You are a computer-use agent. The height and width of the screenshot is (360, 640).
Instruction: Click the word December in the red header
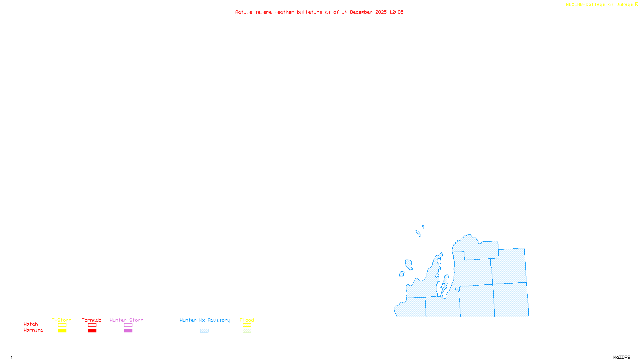pyautogui.click(x=361, y=12)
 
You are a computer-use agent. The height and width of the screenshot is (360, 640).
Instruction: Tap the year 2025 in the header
pyautogui.click(x=381, y=12)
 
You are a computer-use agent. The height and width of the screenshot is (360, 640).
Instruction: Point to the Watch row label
pyautogui.click(x=31, y=324)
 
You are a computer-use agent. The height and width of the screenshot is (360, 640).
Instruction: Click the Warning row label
pyautogui.click(x=34, y=330)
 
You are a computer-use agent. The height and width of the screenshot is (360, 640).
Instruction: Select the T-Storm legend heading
pyautogui.click(x=62, y=320)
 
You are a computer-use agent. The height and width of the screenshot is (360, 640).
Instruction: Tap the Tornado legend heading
pyautogui.click(x=92, y=320)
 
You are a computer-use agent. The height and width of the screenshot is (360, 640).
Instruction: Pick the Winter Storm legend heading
pyautogui.click(x=126, y=320)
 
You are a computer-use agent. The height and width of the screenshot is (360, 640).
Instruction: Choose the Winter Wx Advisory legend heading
pyautogui.click(x=205, y=320)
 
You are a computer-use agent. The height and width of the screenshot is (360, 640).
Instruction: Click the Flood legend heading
pyautogui.click(x=247, y=320)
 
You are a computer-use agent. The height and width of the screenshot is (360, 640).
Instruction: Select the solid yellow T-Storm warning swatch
pyautogui.click(x=62, y=331)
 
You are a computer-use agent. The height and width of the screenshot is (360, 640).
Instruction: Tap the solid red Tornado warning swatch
pyautogui.click(x=92, y=331)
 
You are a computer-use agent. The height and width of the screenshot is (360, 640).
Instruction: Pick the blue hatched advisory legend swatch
pyautogui.click(x=204, y=331)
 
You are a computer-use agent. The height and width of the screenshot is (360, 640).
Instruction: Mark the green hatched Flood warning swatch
pyautogui.click(x=247, y=331)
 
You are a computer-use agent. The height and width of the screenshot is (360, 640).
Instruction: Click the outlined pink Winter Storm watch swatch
pyautogui.click(x=128, y=325)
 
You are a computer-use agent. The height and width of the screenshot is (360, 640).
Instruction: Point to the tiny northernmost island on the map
pyautogui.click(x=423, y=227)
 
